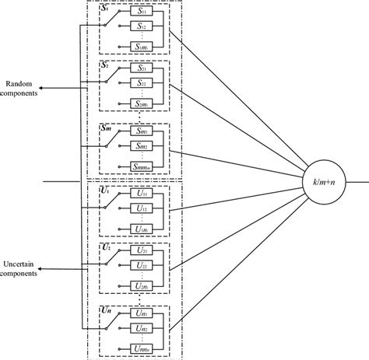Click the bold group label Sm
pos(107,127)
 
